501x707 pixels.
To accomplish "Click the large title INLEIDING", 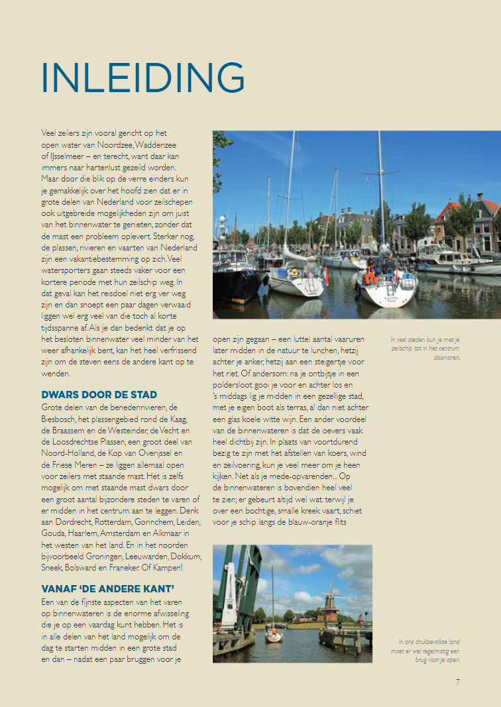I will click(142, 78).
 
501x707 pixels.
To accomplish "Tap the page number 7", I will click(457, 681).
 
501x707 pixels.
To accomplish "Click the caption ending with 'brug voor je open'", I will click(429, 651).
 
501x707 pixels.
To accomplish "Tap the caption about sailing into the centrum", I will click(425, 349).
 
